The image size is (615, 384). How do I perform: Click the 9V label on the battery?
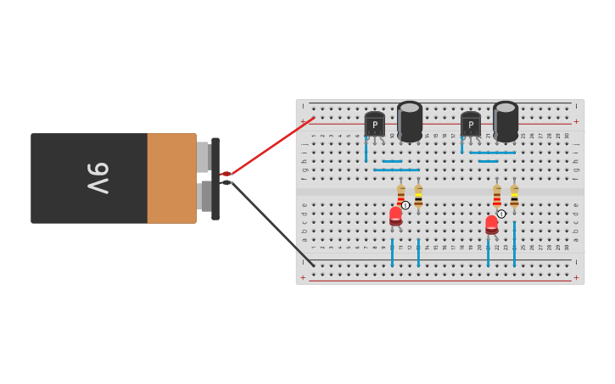pyautogui.click(x=98, y=178)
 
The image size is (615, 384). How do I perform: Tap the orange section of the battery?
pyautogui.click(x=171, y=178)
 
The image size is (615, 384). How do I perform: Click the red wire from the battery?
pyautogui.click(x=270, y=147)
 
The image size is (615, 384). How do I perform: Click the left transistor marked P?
pyautogui.click(x=374, y=125)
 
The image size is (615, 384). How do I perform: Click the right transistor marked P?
pyautogui.click(x=470, y=125)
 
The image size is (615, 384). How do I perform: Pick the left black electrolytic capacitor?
pyautogui.click(x=410, y=121)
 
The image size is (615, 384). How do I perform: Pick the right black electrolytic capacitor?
pyautogui.click(x=506, y=121)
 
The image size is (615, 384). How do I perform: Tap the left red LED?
pyautogui.click(x=395, y=215)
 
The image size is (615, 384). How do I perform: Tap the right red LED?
pyautogui.click(x=491, y=225)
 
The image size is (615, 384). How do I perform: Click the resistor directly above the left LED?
pyautogui.click(x=400, y=194)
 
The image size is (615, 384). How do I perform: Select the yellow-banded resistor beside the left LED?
pyautogui.click(x=418, y=197)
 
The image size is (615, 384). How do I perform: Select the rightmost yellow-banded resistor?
pyautogui.click(x=514, y=198)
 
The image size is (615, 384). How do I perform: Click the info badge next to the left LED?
pyautogui.click(x=405, y=205)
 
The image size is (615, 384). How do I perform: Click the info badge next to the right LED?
pyautogui.click(x=501, y=214)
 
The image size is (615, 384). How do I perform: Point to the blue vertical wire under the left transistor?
pyautogui.click(x=366, y=150)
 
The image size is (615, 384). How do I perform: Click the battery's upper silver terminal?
pyautogui.click(x=203, y=157)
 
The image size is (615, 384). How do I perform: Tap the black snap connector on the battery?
pyautogui.click(x=215, y=178)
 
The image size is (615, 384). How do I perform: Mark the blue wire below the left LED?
pyautogui.click(x=392, y=252)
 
